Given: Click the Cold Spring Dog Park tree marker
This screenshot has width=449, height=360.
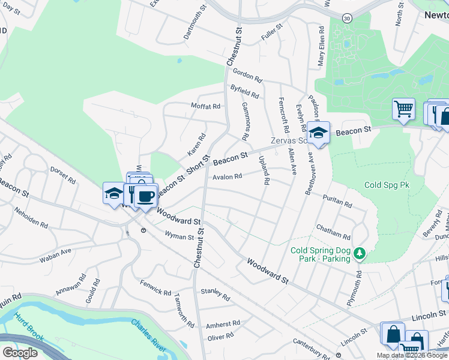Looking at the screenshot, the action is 360,254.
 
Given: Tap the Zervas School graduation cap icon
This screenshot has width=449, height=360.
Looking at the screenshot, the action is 318,133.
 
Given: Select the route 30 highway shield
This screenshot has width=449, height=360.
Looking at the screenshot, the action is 347,19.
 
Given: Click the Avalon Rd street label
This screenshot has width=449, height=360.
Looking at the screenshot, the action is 226,176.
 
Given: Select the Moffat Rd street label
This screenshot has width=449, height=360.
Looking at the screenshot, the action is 206,106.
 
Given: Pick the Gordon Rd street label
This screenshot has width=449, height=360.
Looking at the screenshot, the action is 248,75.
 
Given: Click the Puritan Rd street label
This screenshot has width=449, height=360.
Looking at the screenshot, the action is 337,202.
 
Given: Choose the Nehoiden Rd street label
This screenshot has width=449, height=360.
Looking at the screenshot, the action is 31,218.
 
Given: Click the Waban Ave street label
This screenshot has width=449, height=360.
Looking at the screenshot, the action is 55,254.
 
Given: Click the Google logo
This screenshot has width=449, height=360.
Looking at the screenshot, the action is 20,352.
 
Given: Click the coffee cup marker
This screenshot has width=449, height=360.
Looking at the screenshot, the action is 145,196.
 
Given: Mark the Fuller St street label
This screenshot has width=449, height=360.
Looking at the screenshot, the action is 271,33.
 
